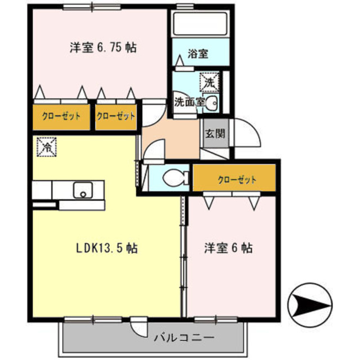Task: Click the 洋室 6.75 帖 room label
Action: click(x=103, y=47)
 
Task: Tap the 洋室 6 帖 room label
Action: click(x=227, y=247)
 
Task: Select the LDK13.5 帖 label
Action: click(x=107, y=247)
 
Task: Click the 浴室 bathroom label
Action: click(x=197, y=54)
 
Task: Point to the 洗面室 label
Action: click(x=186, y=102)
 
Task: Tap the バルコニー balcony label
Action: click(x=183, y=338)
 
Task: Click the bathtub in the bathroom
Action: click(x=200, y=24)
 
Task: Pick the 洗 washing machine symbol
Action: click(x=209, y=82)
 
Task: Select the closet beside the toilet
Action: click(x=235, y=179)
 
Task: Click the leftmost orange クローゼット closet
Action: click(x=60, y=118)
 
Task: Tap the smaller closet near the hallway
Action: click(x=116, y=117)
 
